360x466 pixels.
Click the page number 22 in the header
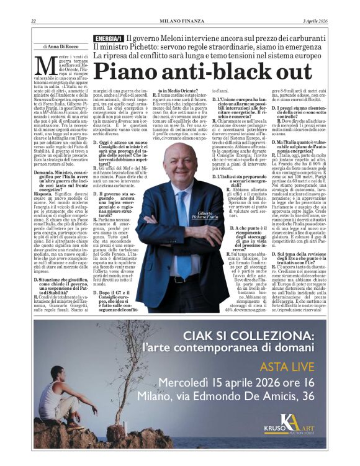click(x=34, y=22)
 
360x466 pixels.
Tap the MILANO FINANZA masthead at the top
click(x=179, y=22)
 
